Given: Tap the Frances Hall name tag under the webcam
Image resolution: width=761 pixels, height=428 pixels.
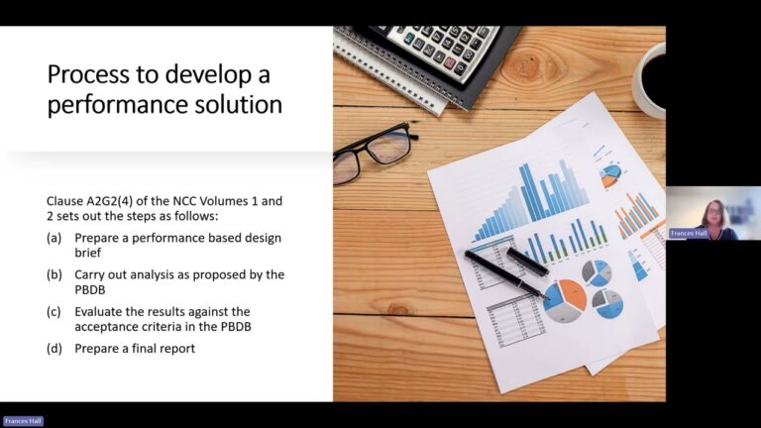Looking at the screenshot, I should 689,234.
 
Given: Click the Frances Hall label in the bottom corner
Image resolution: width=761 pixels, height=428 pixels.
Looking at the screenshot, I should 23,421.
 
